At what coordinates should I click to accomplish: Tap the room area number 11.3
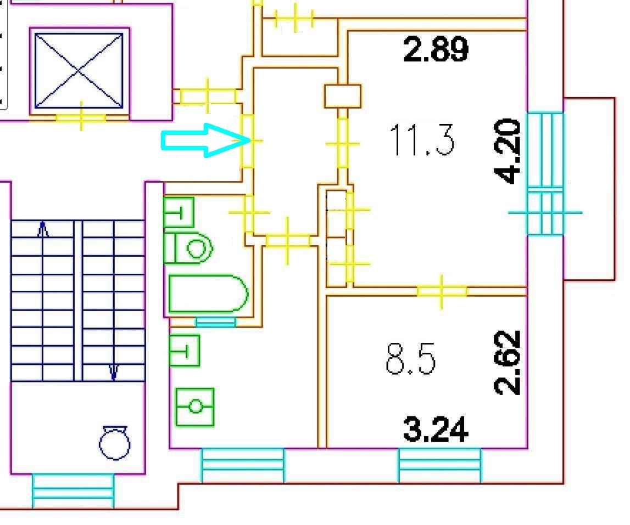(422, 140)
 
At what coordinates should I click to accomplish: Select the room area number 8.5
(411, 360)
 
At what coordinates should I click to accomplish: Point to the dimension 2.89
(436, 50)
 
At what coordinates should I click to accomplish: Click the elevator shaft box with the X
(79, 71)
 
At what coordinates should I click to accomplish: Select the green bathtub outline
(208, 294)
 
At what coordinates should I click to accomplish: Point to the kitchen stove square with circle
(195, 407)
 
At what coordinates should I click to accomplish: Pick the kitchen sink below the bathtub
(185, 350)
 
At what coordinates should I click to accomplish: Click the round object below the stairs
(115, 443)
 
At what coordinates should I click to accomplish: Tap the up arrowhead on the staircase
(43, 229)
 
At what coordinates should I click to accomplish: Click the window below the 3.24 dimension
(439, 465)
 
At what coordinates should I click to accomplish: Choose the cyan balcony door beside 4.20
(545, 173)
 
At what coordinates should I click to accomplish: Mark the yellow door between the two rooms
(442, 291)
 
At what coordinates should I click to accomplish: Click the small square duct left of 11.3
(343, 96)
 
